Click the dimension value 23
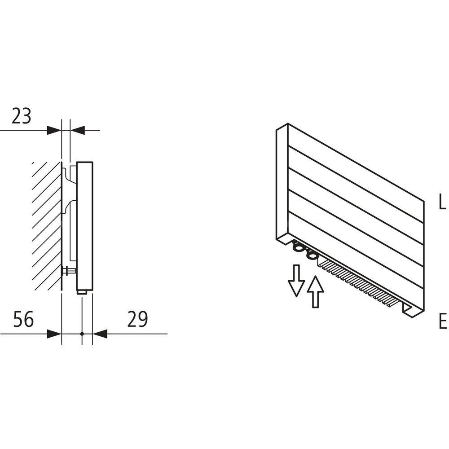(x=22, y=116)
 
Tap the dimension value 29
(x=137, y=320)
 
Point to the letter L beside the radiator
(x=442, y=203)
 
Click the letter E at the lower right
(x=442, y=321)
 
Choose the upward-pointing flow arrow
(x=316, y=291)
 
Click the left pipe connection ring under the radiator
(x=298, y=247)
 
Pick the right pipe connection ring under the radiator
(x=311, y=255)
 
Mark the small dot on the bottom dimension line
(x=82, y=334)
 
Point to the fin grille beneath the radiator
(x=359, y=283)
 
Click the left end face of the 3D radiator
(x=282, y=184)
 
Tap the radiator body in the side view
(x=85, y=224)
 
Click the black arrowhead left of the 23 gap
(x=54, y=131)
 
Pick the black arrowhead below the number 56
(x=54, y=334)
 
